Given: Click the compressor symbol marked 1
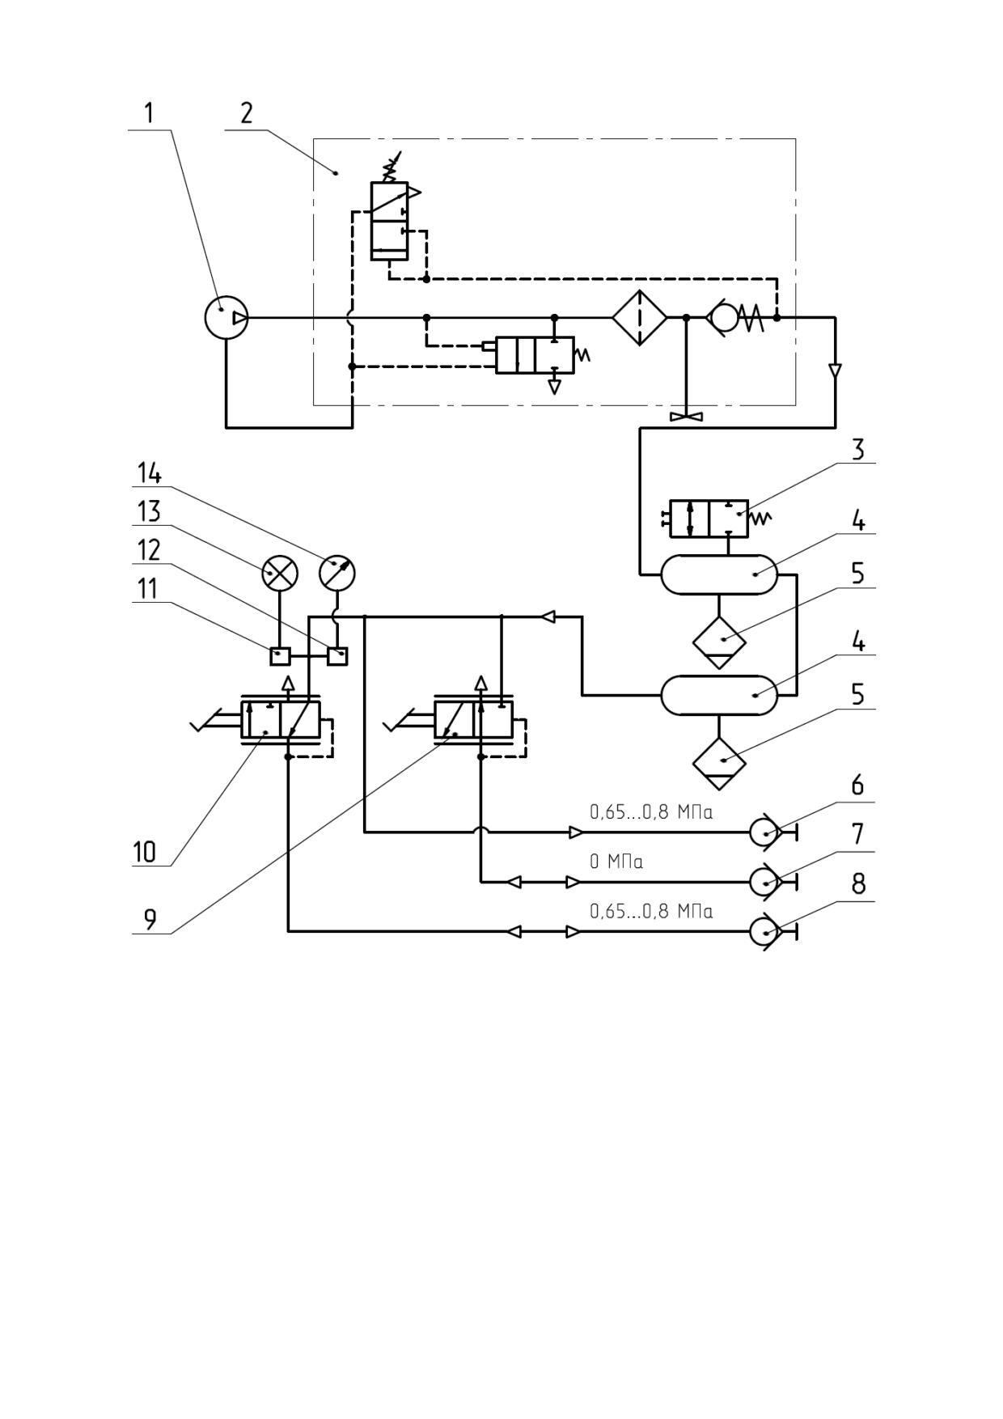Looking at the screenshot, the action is [226, 318].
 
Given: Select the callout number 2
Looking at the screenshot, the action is [247, 112].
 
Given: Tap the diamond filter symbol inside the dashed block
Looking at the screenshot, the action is [639, 318].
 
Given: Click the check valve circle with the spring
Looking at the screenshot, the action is [723, 318].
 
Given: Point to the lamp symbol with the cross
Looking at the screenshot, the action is [280, 574].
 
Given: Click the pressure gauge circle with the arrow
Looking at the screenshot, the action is [337, 573].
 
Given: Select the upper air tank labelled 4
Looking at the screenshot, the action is [719, 574].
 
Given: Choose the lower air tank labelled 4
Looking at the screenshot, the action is [719, 695].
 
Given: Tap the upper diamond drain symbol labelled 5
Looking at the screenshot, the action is [719, 642].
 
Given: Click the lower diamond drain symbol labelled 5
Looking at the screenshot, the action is [719, 763].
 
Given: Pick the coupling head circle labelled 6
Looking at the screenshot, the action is [764, 832].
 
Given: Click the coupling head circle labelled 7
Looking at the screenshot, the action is [764, 882].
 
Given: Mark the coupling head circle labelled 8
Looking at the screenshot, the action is [764, 931].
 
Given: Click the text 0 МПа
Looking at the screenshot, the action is [616, 862].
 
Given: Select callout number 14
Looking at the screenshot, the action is [149, 473].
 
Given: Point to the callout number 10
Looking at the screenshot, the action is [144, 852].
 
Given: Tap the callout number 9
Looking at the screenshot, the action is [150, 920].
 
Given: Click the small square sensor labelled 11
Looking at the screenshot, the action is [280, 654].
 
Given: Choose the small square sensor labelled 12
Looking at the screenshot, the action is [337, 654].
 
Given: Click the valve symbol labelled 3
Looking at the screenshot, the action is [709, 519].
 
